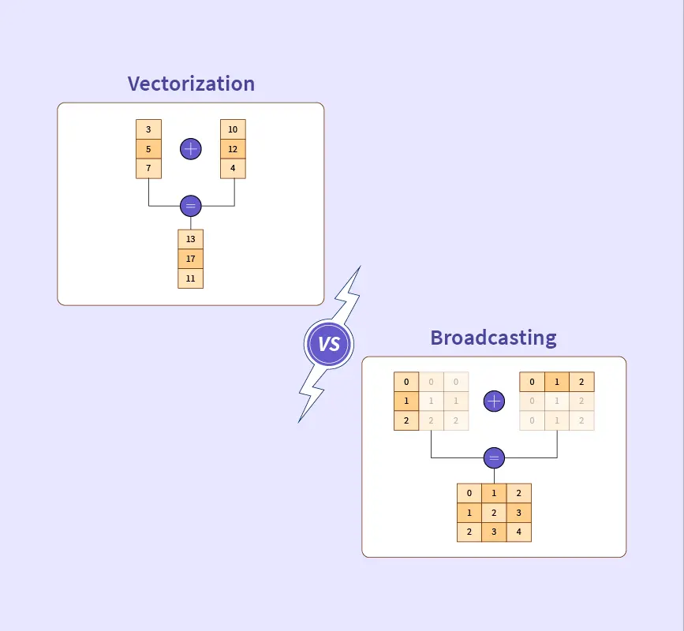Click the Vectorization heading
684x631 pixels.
pos(191,84)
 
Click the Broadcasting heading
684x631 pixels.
pos(493,338)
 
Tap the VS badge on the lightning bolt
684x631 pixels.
pos(329,343)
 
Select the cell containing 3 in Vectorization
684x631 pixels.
pos(148,129)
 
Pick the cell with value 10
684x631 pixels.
pos(233,129)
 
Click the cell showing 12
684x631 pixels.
pos(233,149)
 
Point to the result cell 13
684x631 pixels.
pos(190,239)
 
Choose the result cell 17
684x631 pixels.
pos(190,259)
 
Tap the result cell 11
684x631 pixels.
pos(190,278)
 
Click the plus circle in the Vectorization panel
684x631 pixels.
pos(191,148)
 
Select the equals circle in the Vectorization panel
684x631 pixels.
pos(191,206)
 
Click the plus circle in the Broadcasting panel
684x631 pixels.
pos(494,401)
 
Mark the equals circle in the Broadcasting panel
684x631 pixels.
pos(494,457)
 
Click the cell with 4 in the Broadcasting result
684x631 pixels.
pos(518,532)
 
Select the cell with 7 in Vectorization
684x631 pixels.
pos(148,169)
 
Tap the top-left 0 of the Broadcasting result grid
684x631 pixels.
pos(469,494)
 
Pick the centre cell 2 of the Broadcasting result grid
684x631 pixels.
pos(494,513)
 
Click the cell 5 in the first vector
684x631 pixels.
pos(148,149)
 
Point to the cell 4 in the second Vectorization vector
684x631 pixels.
pos(233,169)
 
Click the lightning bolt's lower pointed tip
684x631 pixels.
pos(300,420)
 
